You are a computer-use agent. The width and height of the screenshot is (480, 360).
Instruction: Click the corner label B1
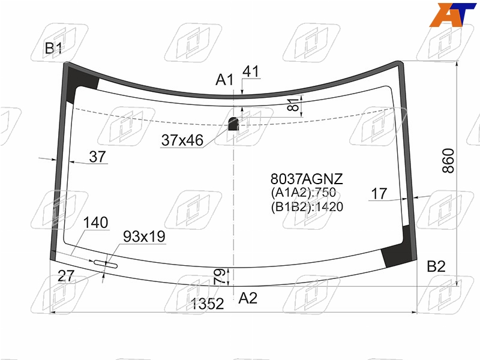point(53,48)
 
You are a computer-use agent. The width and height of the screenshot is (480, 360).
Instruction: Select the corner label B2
point(436,266)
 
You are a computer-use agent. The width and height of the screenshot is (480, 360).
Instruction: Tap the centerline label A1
point(224,80)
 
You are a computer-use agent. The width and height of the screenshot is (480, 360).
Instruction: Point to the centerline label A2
point(248,298)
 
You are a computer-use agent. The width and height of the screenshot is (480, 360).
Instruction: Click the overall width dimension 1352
point(207,304)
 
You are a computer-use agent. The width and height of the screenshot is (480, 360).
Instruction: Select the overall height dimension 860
point(448,161)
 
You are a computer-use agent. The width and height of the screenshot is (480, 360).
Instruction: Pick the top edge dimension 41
point(251,71)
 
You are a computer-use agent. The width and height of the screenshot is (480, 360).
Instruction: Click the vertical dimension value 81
point(293,104)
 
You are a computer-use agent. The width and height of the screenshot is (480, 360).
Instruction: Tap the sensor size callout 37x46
point(182,140)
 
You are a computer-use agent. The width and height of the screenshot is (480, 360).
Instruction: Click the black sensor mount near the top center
point(233,124)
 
